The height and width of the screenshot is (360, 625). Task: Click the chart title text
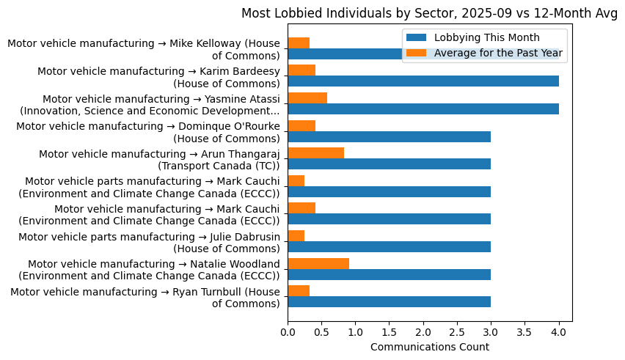(429, 12)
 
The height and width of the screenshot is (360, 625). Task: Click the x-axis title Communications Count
(429, 347)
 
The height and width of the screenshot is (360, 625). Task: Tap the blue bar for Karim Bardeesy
(423, 81)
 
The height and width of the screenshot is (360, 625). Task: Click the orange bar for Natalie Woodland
(318, 263)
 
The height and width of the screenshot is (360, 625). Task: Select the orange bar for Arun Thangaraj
(315, 153)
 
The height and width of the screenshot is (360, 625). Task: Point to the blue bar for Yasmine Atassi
(423, 109)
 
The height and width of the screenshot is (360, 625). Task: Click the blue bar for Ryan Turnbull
(389, 301)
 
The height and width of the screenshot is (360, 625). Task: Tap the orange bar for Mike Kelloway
(299, 43)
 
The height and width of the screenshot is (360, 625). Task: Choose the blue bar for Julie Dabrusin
(389, 246)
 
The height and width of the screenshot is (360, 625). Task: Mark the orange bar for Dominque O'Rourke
(301, 126)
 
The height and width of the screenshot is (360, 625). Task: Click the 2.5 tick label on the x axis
(457, 332)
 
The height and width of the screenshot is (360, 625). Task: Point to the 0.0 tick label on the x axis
(288, 332)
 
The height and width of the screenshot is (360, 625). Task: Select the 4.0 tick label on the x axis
(559, 332)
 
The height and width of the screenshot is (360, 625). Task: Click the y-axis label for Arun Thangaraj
(159, 160)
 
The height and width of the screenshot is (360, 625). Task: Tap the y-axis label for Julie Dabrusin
(149, 243)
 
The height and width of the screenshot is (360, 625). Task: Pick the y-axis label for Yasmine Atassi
(150, 105)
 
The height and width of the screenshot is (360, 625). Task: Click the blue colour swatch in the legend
(416, 38)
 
